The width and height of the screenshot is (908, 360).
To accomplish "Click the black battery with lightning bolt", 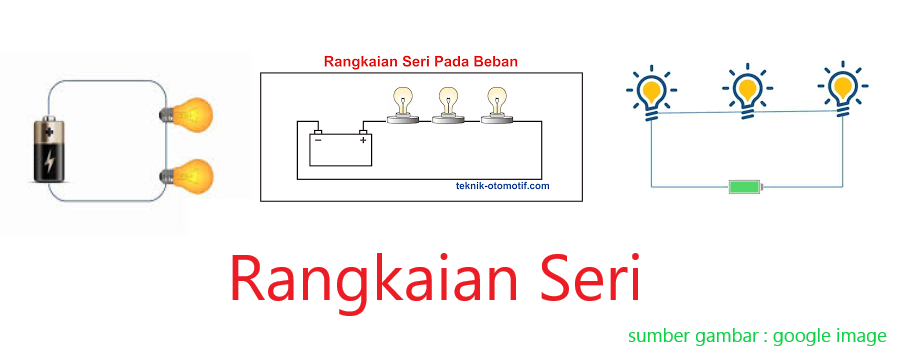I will [x=49, y=151].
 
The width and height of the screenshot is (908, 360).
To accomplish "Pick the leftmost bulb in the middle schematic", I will [x=403, y=104].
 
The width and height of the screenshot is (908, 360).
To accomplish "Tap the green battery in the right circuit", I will [x=745, y=187].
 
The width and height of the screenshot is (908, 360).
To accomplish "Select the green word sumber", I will [x=659, y=336].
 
